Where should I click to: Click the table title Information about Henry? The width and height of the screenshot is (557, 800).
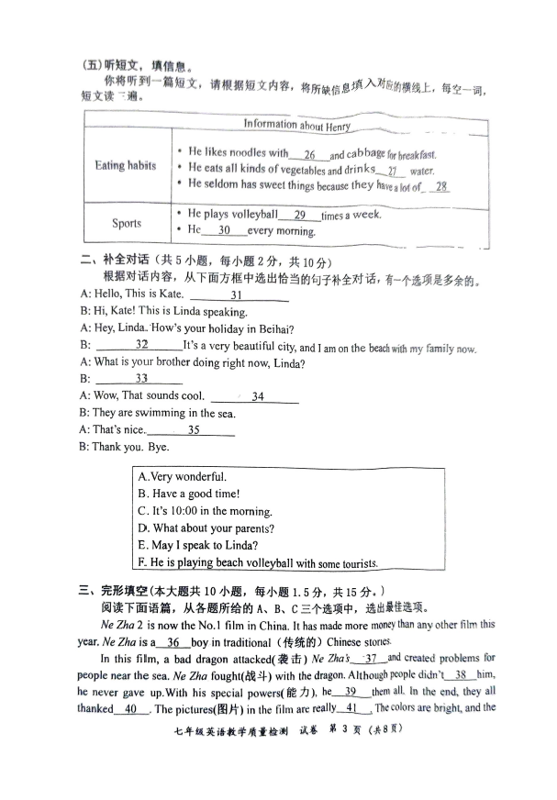[296, 125]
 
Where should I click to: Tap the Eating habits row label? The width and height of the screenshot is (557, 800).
[125, 166]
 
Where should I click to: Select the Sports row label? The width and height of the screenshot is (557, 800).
[127, 223]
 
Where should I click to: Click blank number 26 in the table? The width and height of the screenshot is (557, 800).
[309, 154]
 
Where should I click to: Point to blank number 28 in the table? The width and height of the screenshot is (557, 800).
[442, 186]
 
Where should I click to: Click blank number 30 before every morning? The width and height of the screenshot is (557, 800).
[224, 231]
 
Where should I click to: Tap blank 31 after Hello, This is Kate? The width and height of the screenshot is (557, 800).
[237, 295]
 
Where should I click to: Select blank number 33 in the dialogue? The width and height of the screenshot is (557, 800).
[141, 379]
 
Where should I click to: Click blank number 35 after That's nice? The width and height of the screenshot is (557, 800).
[194, 429]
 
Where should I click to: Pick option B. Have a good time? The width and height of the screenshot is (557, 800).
[188, 494]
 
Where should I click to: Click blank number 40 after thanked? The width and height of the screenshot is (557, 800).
[130, 709]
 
